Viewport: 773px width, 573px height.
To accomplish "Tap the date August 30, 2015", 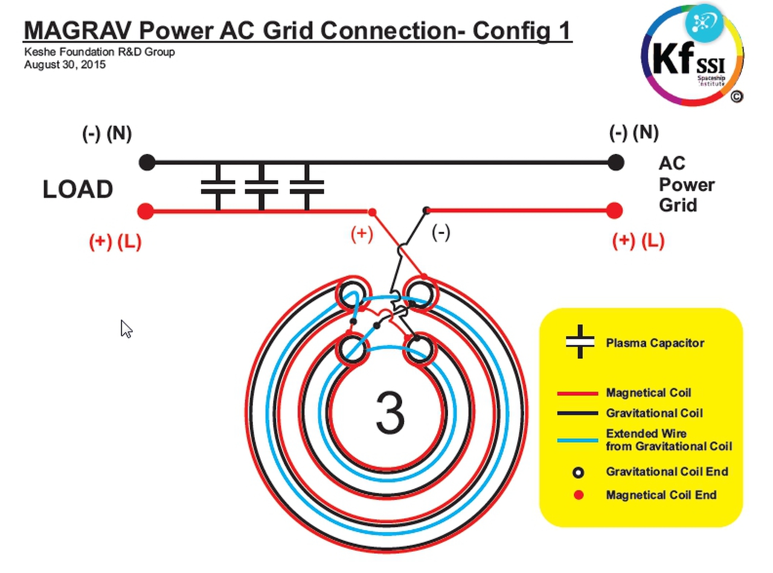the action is (65, 65).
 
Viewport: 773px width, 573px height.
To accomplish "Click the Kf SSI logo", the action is (692, 55).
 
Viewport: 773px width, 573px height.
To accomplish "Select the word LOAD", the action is (78, 189).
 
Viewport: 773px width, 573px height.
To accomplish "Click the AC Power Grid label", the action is (686, 184).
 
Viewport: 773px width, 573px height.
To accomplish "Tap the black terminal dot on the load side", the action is (147, 162).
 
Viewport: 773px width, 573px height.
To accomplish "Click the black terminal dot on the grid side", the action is (615, 162).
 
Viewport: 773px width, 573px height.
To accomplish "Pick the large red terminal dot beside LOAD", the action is (146, 211).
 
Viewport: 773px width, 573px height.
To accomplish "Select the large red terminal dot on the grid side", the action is (614, 211).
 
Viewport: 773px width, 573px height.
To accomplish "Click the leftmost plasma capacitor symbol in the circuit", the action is (218, 187).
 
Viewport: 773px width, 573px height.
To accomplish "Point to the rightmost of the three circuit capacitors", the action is (307, 187).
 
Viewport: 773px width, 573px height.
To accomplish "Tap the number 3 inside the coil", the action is (390, 412).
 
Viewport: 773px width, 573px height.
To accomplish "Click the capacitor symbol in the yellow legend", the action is (580, 341).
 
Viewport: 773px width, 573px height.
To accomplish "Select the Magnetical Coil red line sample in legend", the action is (577, 393).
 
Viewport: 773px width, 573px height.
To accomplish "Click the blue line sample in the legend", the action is (577, 440).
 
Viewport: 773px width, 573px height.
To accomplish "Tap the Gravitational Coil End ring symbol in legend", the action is (578, 472).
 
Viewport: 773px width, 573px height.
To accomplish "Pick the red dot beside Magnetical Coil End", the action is (579, 495).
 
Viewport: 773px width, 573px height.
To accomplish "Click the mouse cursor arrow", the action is (126, 329).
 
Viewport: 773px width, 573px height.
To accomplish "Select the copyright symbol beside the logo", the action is (736, 97).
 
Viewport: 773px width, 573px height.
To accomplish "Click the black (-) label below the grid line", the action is (441, 233).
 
